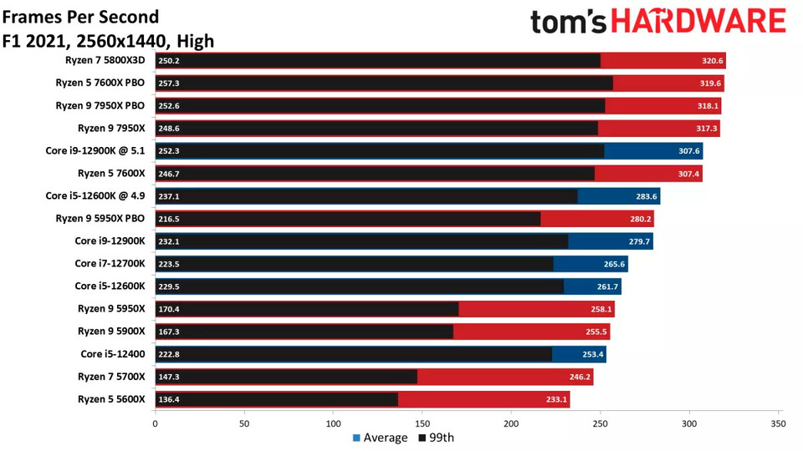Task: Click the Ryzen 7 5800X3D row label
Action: (x=105, y=60)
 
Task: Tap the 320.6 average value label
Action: (x=712, y=61)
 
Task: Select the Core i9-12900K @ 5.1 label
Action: (x=95, y=150)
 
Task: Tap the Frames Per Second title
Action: (x=80, y=17)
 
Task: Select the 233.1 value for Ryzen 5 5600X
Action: (x=557, y=400)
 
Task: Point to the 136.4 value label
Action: (x=168, y=400)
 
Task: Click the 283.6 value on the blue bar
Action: (x=647, y=196)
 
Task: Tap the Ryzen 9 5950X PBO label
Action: (x=100, y=218)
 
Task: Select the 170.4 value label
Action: (x=168, y=309)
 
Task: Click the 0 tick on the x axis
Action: (x=155, y=424)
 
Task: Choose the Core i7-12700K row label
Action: (x=110, y=263)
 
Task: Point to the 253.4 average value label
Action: (x=593, y=355)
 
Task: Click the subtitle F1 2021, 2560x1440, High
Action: (x=109, y=41)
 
